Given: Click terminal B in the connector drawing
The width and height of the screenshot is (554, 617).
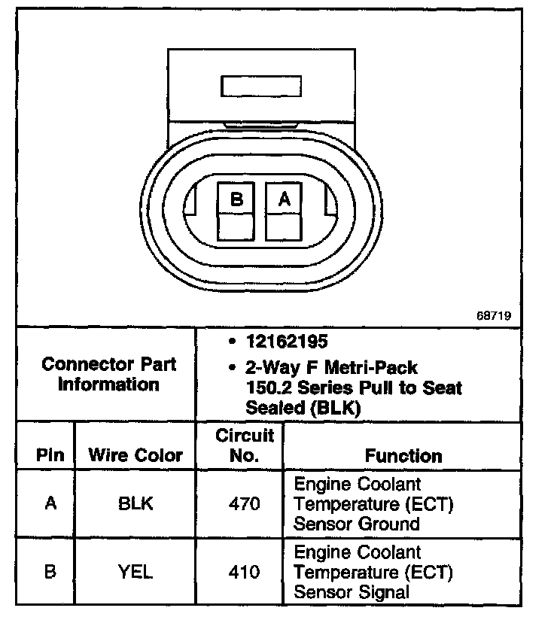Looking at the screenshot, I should coord(237,200).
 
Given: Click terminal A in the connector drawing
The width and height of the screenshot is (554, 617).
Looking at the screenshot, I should coord(284,200).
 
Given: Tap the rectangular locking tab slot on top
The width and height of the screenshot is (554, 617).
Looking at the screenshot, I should coord(261,86).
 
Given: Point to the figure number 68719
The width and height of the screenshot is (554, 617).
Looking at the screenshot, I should coord(494,317).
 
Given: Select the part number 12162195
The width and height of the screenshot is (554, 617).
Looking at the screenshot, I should coord(287,342).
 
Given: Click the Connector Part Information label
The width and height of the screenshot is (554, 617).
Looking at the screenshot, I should coord(110,374).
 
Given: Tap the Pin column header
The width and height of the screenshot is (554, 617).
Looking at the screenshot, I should coord(50,455).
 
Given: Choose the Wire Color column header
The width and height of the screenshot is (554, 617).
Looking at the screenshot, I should coord(135,455).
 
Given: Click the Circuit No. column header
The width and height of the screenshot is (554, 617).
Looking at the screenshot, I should coord(245,445).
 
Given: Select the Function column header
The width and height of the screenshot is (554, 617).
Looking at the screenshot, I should coord(403,456).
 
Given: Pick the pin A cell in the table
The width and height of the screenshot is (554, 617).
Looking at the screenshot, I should coord(50,503).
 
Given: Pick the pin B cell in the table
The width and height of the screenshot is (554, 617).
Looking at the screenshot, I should coord(50,572).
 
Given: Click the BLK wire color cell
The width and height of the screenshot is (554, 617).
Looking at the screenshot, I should coord(135,503).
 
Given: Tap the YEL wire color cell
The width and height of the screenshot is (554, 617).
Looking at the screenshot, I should coord(135,572).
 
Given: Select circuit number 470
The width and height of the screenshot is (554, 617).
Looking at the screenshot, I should coord(245,503).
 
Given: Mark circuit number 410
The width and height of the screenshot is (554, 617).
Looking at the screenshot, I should coord(245,572).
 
